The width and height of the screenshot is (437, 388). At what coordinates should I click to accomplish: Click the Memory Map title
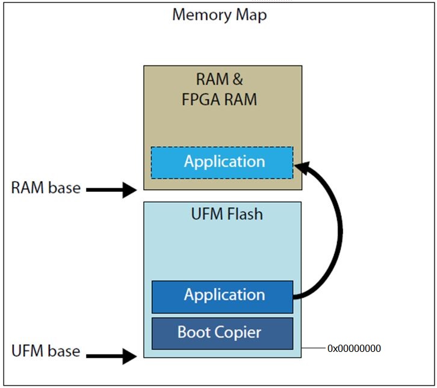(219, 15)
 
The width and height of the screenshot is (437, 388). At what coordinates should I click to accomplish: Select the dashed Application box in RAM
(222, 162)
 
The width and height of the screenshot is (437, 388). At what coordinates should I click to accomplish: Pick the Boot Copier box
(222, 333)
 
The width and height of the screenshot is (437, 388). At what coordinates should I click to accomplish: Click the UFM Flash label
(226, 213)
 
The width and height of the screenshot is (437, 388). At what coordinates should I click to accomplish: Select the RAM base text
(46, 188)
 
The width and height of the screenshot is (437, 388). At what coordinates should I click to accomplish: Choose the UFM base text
(46, 351)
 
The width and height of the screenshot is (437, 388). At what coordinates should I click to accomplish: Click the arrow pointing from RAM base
(112, 191)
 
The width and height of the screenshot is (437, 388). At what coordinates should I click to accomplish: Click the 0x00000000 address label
(354, 348)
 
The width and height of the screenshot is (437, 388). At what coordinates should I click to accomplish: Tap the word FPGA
(202, 99)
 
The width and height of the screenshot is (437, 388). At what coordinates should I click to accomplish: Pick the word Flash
(244, 213)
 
